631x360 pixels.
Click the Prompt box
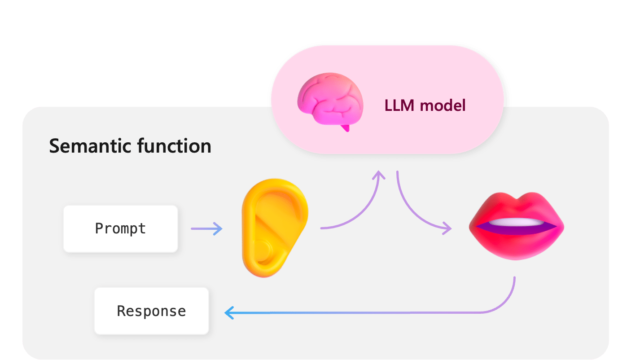pyautogui.click(x=120, y=229)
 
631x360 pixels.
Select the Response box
pyautogui.click(x=151, y=311)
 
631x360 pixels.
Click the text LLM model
pyautogui.click(x=425, y=105)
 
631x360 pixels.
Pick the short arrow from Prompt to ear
pyautogui.click(x=206, y=229)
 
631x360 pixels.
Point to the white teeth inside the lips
pyautogui.click(x=516, y=221)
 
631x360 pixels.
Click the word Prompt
pyautogui.click(x=120, y=229)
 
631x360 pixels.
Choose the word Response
pyautogui.click(x=151, y=311)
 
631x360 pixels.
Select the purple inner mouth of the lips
pyautogui.click(x=516, y=229)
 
